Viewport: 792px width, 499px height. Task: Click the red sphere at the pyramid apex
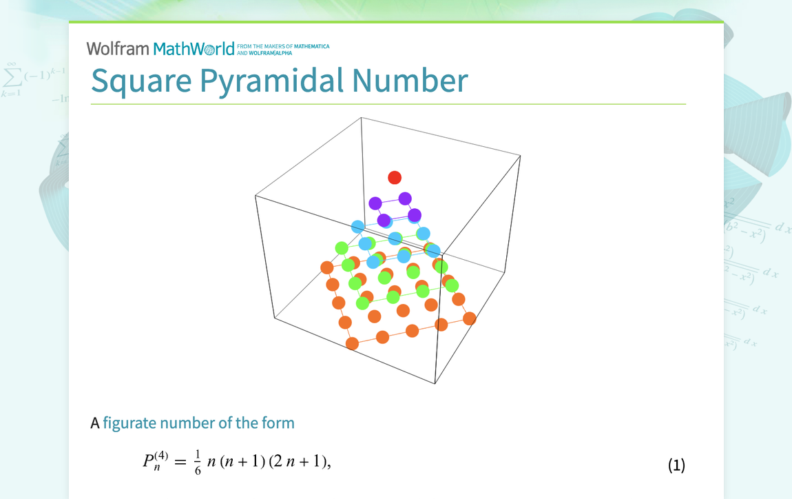tap(395, 178)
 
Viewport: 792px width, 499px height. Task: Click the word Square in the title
tap(141, 81)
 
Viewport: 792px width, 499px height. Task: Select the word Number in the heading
tap(410, 81)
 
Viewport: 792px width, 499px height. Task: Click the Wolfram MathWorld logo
tap(160, 48)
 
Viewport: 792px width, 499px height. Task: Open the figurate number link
tap(198, 422)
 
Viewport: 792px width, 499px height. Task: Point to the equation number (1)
tap(676, 465)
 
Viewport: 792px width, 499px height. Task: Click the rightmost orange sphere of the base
tap(470, 318)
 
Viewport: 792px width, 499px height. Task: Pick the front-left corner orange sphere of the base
tap(352, 343)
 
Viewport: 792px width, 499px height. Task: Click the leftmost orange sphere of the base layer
tap(327, 267)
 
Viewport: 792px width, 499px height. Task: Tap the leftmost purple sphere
tap(375, 203)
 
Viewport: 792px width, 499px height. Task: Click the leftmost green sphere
tap(341, 247)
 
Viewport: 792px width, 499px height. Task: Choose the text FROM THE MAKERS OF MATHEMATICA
tap(282, 46)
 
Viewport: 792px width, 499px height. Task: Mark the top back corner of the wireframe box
tap(362, 118)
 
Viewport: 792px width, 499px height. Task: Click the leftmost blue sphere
tap(357, 227)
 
